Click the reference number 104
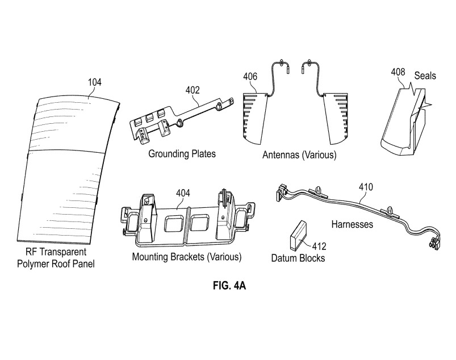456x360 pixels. point(95,82)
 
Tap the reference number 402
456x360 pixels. point(193,90)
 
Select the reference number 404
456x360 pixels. point(183,193)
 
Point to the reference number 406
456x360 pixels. point(250,77)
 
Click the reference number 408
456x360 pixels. point(398,72)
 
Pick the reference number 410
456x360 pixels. point(366,187)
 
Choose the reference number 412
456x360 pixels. point(319,246)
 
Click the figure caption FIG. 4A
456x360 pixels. point(229,286)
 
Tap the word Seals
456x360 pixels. point(425,76)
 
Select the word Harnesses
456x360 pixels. point(352,224)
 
